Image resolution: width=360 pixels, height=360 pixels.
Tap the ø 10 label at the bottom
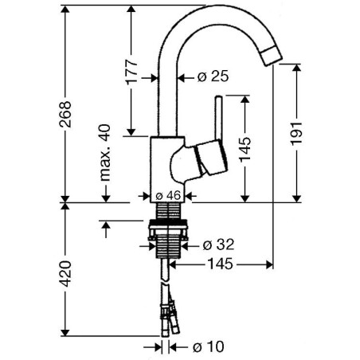click(208, 346)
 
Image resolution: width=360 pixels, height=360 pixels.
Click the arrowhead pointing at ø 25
click(182, 77)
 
